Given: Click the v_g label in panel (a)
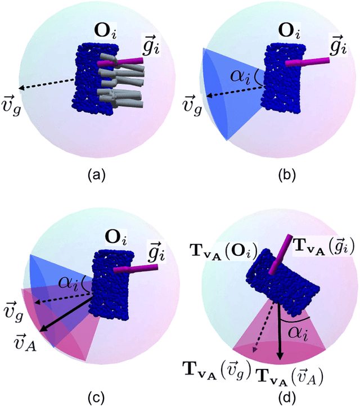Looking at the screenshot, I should click(11, 97).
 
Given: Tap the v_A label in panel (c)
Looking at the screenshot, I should click(26, 342).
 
